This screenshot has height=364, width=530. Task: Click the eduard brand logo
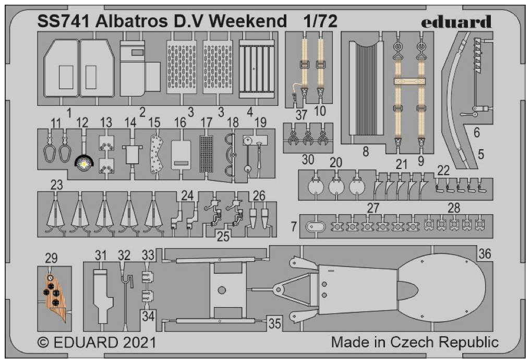[455, 22]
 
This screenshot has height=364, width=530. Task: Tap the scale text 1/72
[320, 21]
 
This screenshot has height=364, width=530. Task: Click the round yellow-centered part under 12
[83, 164]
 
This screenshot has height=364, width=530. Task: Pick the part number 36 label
[485, 253]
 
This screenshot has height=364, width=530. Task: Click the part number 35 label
[274, 323]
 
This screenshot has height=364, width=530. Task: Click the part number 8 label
[365, 152]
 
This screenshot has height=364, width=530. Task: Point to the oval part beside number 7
[315, 227]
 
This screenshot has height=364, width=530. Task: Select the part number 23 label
[57, 184]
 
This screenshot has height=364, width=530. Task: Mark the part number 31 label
[101, 255]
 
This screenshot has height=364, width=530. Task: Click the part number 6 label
[476, 133]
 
